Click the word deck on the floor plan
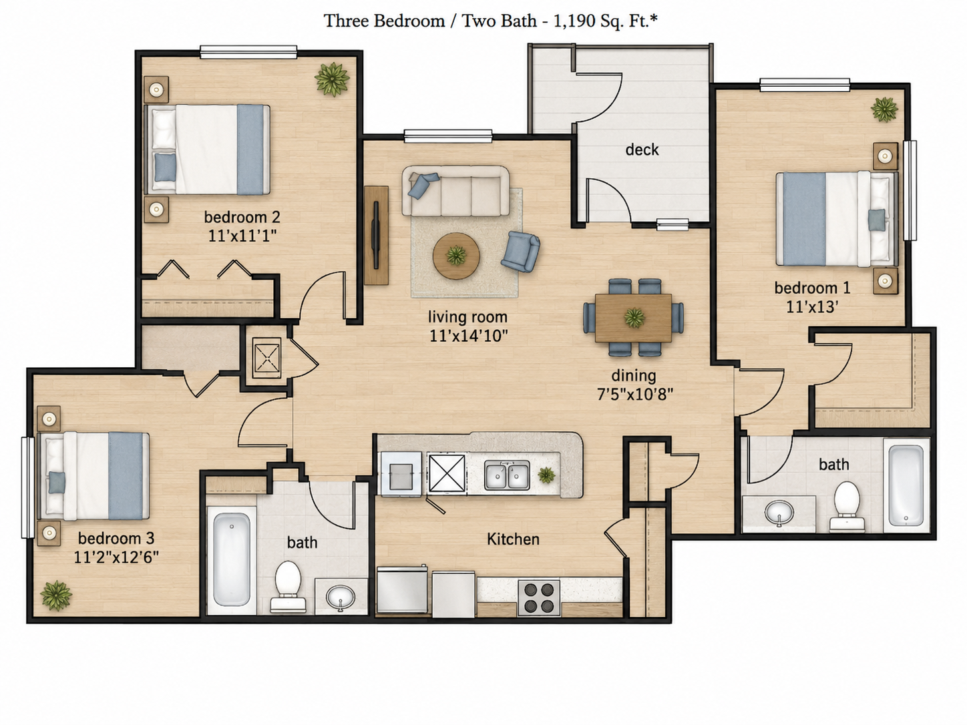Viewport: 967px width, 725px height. pyautogui.click(x=642, y=150)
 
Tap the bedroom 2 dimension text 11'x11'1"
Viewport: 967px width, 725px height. pyautogui.click(x=242, y=236)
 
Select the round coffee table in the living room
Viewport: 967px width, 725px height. pyautogui.click(x=456, y=256)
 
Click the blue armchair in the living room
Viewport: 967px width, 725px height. pyautogui.click(x=521, y=252)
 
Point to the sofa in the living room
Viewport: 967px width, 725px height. pyautogui.click(x=455, y=190)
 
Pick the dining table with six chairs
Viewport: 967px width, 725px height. pyautogui.click(x=634, y=317)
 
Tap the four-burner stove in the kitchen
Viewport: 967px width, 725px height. pyautogui.click(x=539, y=597)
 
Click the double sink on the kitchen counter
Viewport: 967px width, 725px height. pyautogui.click(x=507, y=475)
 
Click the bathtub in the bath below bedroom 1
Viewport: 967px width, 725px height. pyautogui.click(x=906, y=485)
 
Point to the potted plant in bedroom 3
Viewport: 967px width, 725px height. pyautogui.click(x=56, y=595)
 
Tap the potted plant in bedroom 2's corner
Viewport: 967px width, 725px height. pyautogui.click(x=332, y=79)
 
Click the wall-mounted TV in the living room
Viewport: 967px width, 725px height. pyautogui.click(x=376, y=235)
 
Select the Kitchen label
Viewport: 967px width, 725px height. pyautogui.click(x=513, y=539)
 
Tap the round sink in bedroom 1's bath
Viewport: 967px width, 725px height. pyautogui.click(x=779, y=513)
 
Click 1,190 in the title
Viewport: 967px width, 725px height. pyautogui.click(x=572, y=21)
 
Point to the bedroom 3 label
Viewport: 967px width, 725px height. pyautogui.click(x=116, y=538)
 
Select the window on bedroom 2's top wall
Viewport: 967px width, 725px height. pyautogui.click(x=248, y=52)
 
